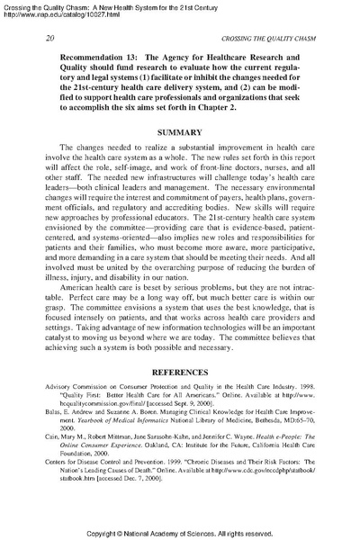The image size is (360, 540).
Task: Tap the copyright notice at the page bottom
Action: [x=180, y=532]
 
